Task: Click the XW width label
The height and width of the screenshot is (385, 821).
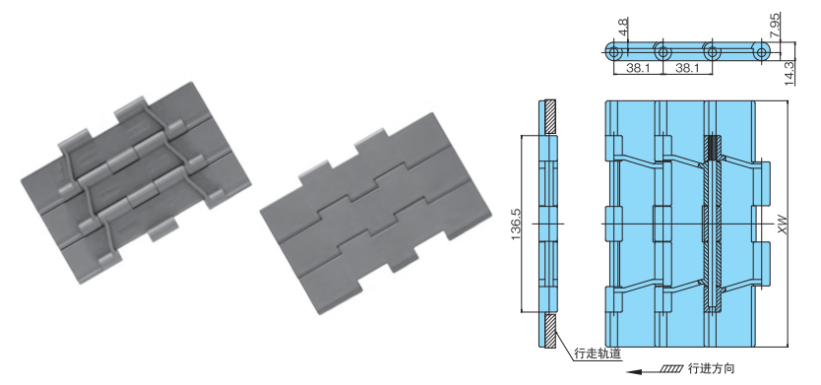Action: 785,224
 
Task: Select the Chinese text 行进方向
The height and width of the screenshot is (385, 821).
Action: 713,369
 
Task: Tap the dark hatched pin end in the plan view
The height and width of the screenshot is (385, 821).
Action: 713,147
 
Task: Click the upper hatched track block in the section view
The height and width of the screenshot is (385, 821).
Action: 551,117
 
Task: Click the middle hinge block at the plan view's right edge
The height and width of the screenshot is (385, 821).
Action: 765,224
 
